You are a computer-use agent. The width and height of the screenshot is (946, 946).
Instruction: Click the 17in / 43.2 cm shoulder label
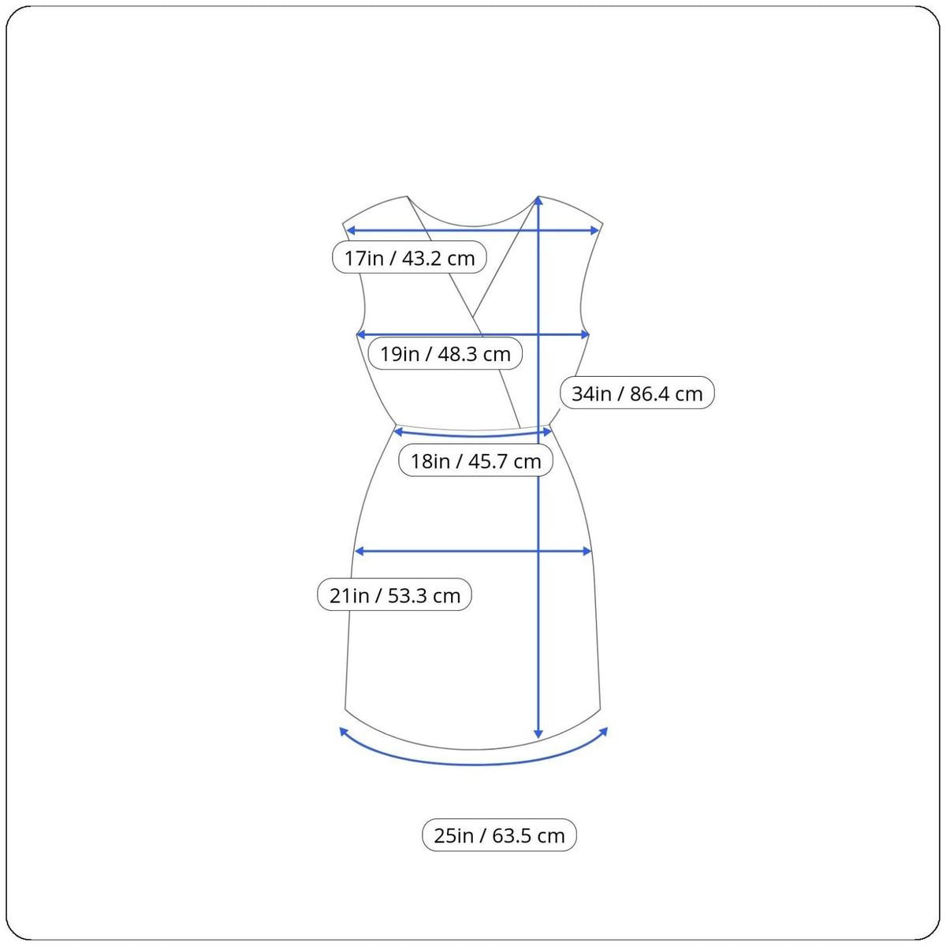coord(409,257)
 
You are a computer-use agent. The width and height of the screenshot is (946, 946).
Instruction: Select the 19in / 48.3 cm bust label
coord(445,353)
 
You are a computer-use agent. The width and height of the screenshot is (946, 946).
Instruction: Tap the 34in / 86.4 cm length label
coord(637,393)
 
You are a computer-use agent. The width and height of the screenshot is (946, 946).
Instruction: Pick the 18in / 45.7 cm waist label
coord(475,460)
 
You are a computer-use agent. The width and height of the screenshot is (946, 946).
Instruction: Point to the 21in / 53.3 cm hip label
coord(394,594)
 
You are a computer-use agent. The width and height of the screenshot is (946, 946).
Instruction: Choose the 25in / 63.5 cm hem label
coord(499,835)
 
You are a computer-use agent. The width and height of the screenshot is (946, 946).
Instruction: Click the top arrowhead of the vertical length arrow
coord(538,200)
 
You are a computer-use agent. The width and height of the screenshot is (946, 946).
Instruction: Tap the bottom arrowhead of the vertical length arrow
coord(538,733)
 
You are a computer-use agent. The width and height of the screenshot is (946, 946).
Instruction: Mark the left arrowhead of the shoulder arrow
coord(351,231)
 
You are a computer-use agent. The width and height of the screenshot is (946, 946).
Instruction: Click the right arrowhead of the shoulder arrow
coord(594,231)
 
